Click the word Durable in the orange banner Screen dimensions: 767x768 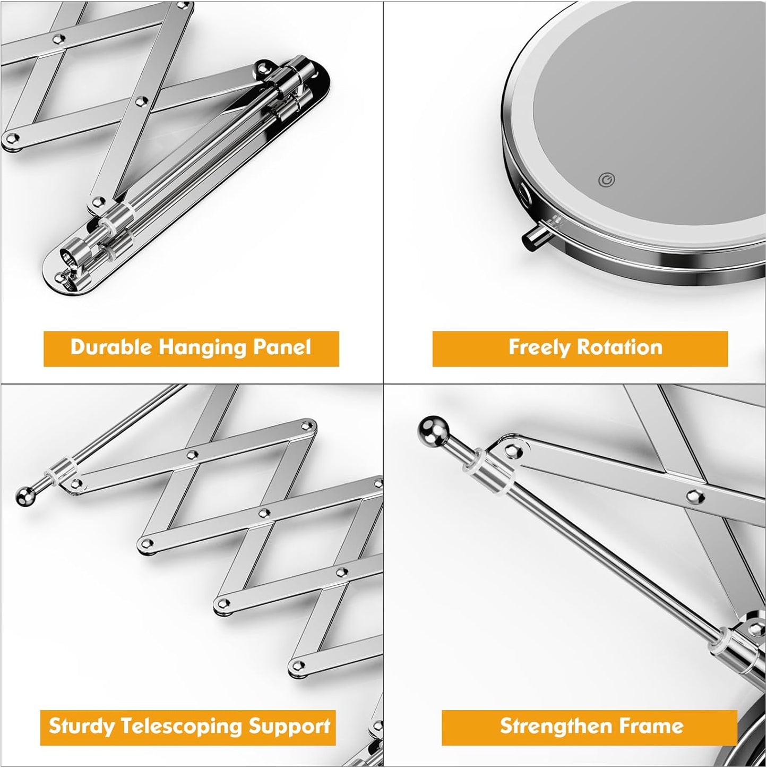(x=111, y=347)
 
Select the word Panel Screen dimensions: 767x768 (x=282, y=347)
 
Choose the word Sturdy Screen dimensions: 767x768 (x=81, y=726)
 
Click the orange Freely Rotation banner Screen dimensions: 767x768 (x=580, y=349)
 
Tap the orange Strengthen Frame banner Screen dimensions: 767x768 (x=589, y=727)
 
